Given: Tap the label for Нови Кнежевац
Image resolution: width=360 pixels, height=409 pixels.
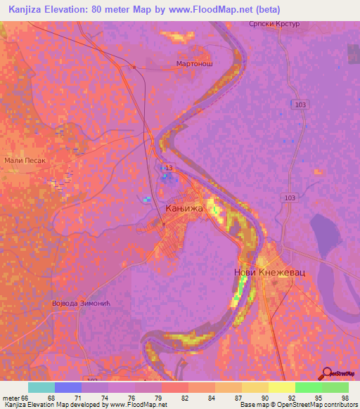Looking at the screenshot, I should (x=269, y=271).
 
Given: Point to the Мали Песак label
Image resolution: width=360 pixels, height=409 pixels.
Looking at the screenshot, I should (x=25, y=160).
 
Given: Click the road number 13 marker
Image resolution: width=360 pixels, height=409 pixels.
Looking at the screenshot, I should (x=167, y=168).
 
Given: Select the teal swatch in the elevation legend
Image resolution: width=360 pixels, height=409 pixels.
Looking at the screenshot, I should (x=41, y=387).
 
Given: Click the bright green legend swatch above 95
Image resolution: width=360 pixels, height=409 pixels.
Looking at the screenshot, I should (x=309, y=387).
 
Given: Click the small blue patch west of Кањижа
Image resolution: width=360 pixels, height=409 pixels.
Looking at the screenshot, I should (x=146, y=200).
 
